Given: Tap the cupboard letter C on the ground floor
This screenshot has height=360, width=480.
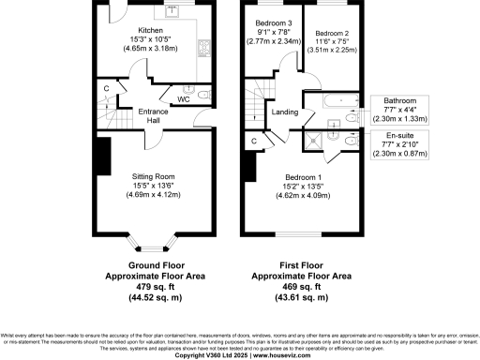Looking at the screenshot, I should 108,90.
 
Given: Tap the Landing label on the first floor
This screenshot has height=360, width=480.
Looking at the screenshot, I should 285,112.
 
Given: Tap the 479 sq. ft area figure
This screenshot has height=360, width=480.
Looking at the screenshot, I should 151,287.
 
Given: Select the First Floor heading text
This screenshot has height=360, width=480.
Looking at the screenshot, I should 302,266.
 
